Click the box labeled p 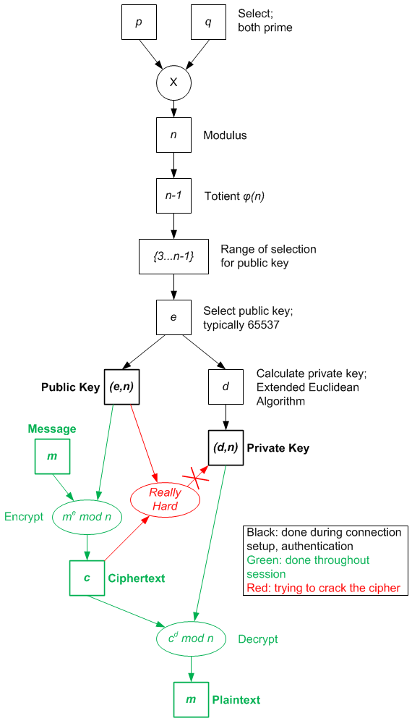point(139,22)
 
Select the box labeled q point(208,22)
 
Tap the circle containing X point(173,83)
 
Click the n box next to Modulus point(173,135)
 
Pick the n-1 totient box point(173,196)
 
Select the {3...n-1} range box point(173,257)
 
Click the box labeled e point(173,318)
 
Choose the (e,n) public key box point(121,387)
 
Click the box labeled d point(226,387)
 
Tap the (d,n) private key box point(226,447)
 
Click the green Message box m point(52,457)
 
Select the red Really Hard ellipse point(165,499)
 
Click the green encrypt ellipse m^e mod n point(87,517)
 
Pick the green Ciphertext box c point(87,578)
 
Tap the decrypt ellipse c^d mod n point(191,638)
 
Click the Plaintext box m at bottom point(191,699)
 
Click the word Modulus point(225,135)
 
